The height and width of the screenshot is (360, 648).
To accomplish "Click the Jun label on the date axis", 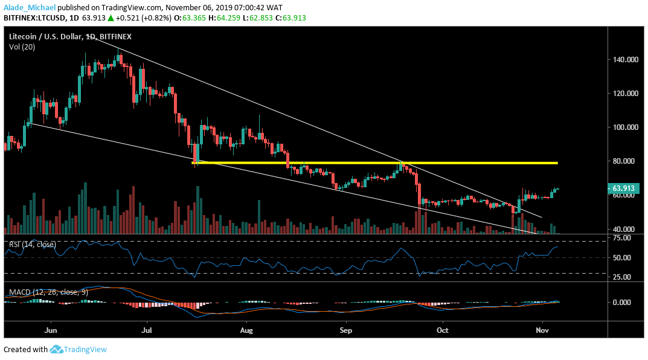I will [x=51, y=331].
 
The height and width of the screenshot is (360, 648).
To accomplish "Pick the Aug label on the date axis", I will [x=245, y=331].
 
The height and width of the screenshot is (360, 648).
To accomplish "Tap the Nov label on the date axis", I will [x=542, y=331].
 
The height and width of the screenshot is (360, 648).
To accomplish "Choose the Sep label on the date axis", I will [x=345, y=331].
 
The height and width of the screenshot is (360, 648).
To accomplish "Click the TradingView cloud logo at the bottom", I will [x=57, y=349].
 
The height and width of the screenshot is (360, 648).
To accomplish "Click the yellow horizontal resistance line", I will [x=374, y=163].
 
